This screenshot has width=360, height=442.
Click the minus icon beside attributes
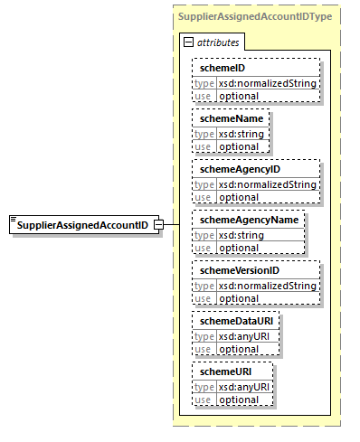(x=188, y=43)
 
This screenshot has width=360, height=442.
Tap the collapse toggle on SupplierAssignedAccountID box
(x=157, y=224)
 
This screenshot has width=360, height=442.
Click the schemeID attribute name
(x=217, y=68)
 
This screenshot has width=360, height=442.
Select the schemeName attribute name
(x=225, y=118)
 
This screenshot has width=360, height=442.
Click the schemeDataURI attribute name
(x=232, y=321)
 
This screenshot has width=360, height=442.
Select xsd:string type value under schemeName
(x=239, y=134)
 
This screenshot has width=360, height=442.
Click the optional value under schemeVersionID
(x=239, y=297)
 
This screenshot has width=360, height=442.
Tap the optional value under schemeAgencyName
(x=239, y=247)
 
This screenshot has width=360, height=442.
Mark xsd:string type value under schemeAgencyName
(x=239, y=235)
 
